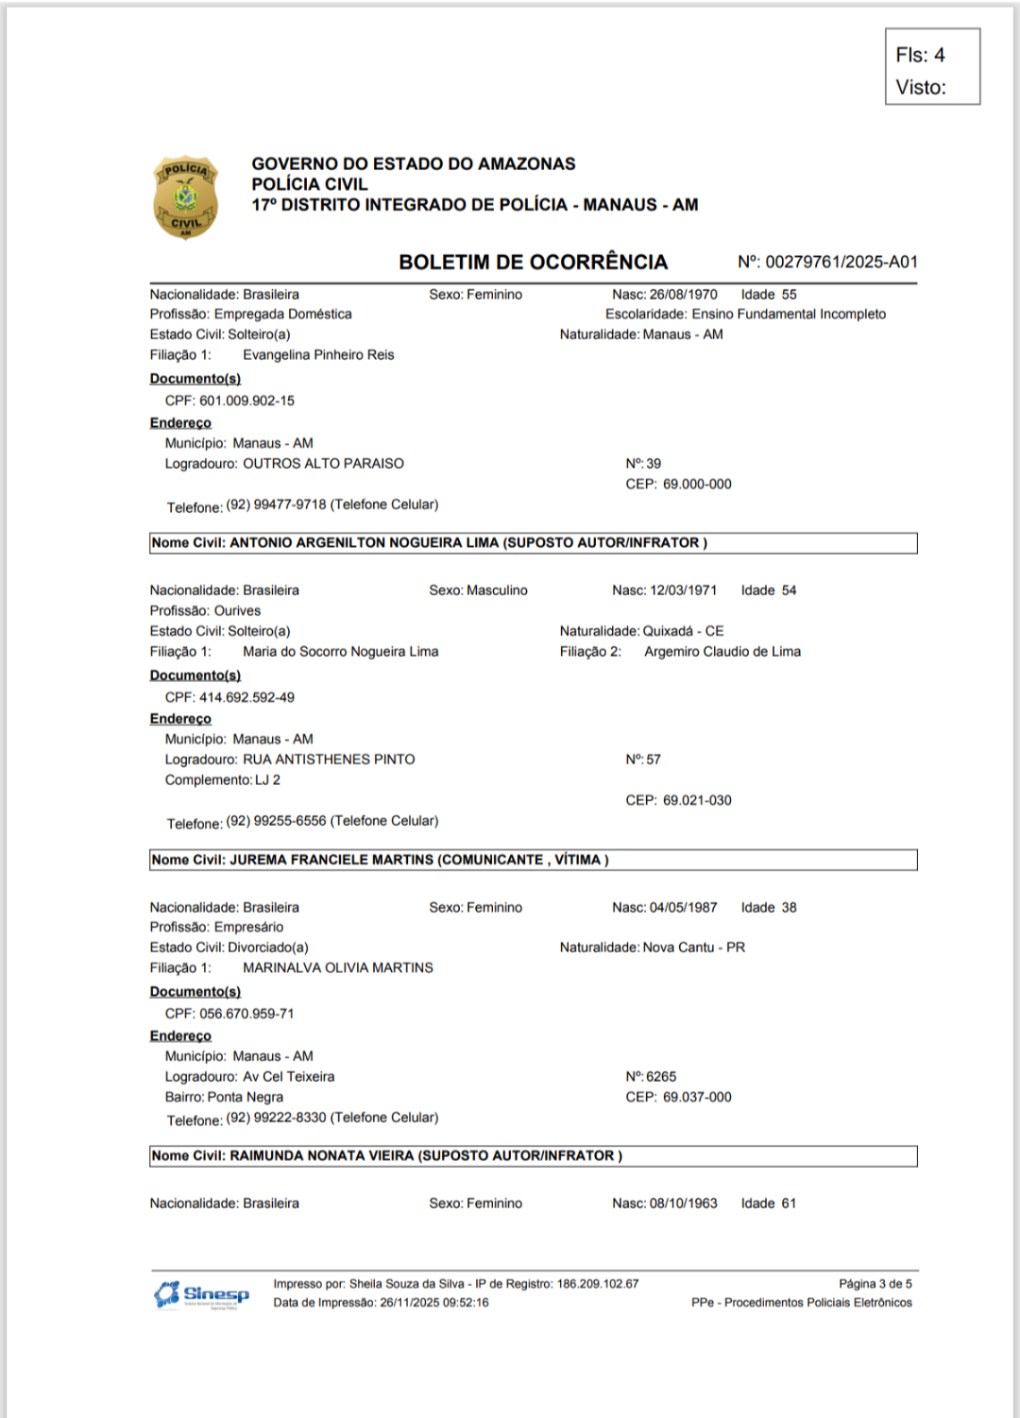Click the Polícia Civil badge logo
pos(185,197)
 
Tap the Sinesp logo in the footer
pos(202,1294)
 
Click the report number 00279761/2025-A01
pos(841,262)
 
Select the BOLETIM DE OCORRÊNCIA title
pos(533,262)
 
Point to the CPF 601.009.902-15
pos(246,401)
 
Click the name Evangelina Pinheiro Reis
pos(318,355)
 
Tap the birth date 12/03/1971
pos(683,590)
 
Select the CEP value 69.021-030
pos(697,800)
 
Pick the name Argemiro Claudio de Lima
pos(722,652)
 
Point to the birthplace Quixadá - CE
pos(683,631)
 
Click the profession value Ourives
pos(237,611)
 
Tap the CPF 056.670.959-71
pos(246,1014)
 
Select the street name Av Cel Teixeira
pos(288,1077)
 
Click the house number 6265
pos(661,1077)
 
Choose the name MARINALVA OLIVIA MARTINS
pos(338,968)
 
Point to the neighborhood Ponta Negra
pos(246,1098)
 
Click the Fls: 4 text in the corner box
pos(920,55)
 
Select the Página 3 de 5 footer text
pos(875,1284)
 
